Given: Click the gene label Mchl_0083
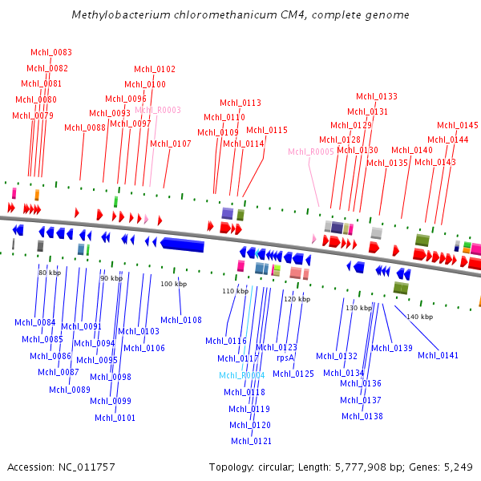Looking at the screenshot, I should coord(51,52).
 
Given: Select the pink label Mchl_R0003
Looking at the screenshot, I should coord(158,110).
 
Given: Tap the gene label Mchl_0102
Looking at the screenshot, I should coord(155,69).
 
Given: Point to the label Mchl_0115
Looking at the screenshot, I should coord(266,130).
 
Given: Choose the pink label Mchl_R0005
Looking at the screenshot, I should coord(311,152).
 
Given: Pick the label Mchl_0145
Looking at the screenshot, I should coord(458,125).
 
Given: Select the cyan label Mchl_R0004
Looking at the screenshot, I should coord(242,375).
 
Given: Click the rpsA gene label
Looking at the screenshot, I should coord(285,358).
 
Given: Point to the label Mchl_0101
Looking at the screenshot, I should coord(115,418).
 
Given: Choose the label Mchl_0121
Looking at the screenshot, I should coord(251,441).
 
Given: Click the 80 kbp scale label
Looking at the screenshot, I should coord(50,273).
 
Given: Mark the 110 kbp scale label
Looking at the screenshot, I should coord(234,291).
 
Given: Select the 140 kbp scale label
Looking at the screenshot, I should coord(419,317).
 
